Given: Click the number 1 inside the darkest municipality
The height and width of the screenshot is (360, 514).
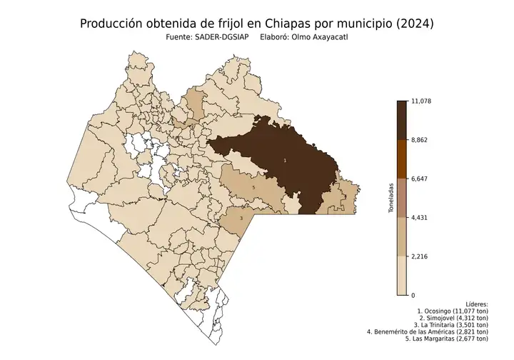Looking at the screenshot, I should [285, 161].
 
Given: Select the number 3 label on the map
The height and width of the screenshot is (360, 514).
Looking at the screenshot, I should [241, 218].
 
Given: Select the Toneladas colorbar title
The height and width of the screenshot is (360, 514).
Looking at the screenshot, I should [390, 199].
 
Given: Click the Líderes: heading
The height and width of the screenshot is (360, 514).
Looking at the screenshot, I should [474, 304].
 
